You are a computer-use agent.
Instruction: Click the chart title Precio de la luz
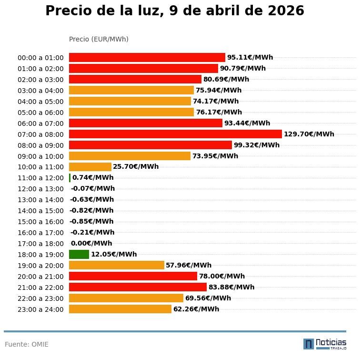click(x=174, y=11)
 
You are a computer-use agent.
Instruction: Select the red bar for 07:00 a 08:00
click(x=175, y=134)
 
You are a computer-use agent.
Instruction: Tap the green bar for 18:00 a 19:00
click(x=79, y=254)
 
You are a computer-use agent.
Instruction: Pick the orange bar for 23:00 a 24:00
click(x=120, y=309)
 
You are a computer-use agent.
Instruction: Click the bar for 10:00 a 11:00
click(x=90, y=167)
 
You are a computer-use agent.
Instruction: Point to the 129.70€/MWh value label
click(x=309, y=134)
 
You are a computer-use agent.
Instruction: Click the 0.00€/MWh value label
click(x=91, y=243)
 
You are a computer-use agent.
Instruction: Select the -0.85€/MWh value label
click(x=91, y=221)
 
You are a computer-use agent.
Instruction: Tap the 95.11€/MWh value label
click(x=250, y=57)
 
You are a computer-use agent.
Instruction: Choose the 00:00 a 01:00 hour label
click(x=40, y=58)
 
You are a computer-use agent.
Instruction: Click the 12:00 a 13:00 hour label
click(x=40, y=189)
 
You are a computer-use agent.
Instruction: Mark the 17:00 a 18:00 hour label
click(x=40, y=244)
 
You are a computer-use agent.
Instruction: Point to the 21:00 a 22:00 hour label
click(x=40, y=288)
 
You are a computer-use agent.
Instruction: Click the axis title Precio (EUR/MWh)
click(x=99, y=39)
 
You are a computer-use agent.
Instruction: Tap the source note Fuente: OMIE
click(x=27, y=344)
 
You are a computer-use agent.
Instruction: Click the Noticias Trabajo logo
click(x=325, y=343)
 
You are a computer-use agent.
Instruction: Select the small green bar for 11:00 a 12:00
click(x=70, y=178)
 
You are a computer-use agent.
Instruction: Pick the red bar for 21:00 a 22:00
click(x=138, y=287)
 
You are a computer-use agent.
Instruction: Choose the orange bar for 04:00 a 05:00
click(x=130, y=101)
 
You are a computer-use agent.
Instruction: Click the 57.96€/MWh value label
click(x=189, y=265)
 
